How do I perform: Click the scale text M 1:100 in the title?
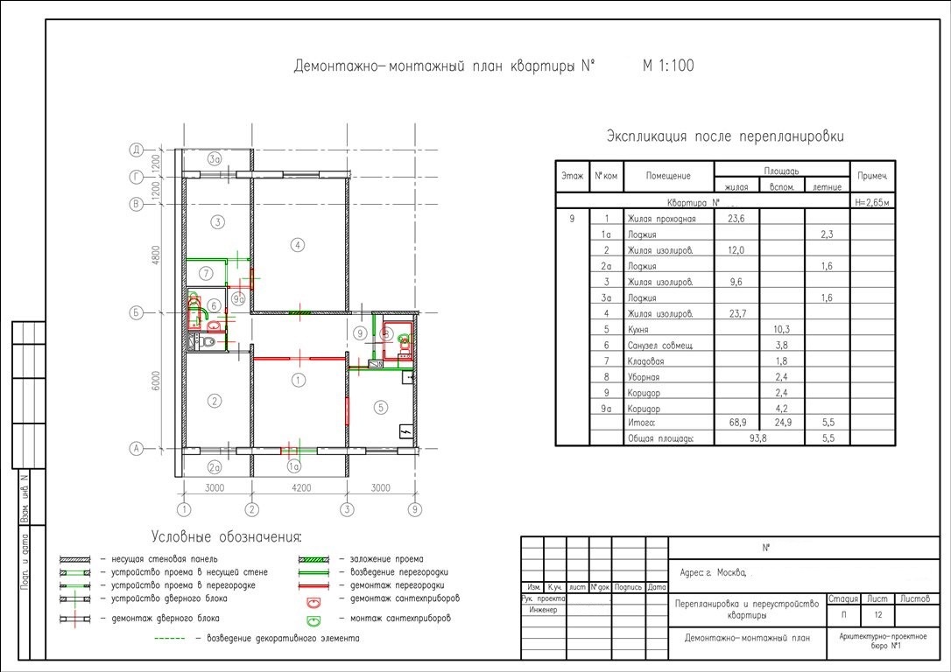coord(668,66)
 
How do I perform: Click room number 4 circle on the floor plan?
coord(299,245)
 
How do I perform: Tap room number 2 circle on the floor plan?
coord(212,402)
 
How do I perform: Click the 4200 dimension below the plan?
coord(299,488)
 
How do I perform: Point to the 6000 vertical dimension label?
coord(155,381)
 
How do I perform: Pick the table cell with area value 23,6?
coord(736,219)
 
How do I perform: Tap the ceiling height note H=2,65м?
coord(871,202)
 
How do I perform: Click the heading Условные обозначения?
coord(226,536)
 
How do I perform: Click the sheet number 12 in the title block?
coord(878,615)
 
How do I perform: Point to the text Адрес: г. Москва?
coord(712,574)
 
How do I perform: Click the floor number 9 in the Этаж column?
coord(572,219)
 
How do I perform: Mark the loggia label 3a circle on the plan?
coord(215,159)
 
